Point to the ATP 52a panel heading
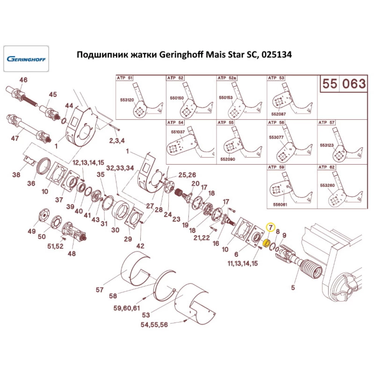point(227,78)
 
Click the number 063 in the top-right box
point(353,84)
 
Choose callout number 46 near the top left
point(23,80)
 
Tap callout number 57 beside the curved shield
point(99,289)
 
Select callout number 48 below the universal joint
point(71,254)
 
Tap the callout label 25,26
point(187,175)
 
